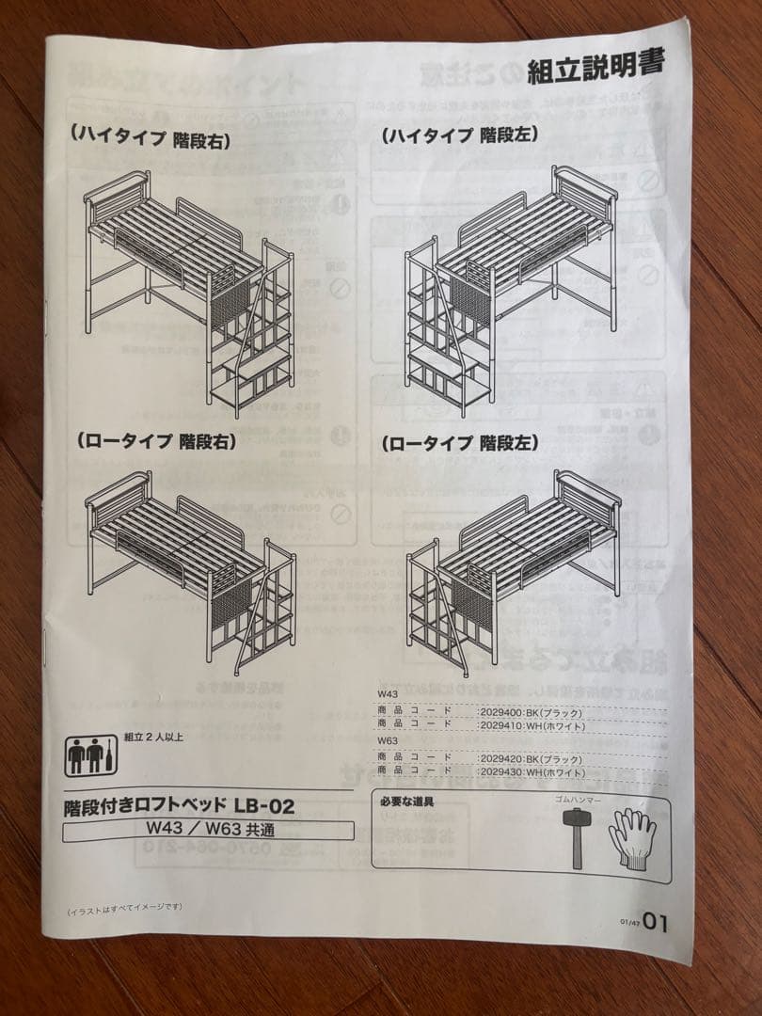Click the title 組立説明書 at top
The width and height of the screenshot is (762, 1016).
[x=595, y=66]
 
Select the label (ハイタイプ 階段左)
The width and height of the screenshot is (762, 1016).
[x=459, y=135]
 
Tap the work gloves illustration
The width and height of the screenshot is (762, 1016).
[x=631, y=836]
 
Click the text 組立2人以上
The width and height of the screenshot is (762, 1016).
[x=153, y=737]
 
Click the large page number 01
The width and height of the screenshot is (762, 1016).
[x=656, y=923]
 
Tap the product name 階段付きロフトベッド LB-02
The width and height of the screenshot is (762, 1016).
[x=179, y=805]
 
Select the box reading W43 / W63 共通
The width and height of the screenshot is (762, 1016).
[x=208, y=830]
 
